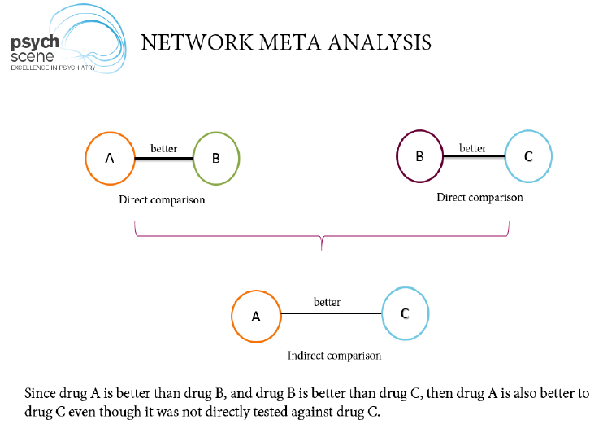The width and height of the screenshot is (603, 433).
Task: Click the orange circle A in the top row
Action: pyautogui.click(x=110, y=158)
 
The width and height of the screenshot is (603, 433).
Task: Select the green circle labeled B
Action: pyautogui.click(x=216, y=158)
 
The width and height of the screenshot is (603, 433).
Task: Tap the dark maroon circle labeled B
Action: pyautogui.click(x=419, y=155)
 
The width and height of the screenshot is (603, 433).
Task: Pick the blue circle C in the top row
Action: pyautogui.click(x=528, y=155)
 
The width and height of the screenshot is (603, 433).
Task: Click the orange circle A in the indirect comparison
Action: pyautogui.click(x=256, y=316)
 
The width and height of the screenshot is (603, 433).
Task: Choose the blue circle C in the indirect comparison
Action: pyautogui.click(x=404, y=313)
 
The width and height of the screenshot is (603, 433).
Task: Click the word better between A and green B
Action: pyautogui.click(x=164, y=149)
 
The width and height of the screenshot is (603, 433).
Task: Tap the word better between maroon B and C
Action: pyautogui.click(x=473, y=148)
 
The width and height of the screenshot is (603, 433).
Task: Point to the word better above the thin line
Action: pyautogui.click(x=327, y=303)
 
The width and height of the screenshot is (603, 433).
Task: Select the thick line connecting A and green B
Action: pyautogui.click(x=163, y=158)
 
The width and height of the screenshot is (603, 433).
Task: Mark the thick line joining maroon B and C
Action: pyautogui.click(x=473, y=155)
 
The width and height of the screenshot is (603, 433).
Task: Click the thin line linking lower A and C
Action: pyautogui.click(x=330, y=314)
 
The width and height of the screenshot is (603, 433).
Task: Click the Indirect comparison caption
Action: pyautogui.click(x=334, y=356)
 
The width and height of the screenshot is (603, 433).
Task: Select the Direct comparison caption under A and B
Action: pyautogui.click(x=162, y=200)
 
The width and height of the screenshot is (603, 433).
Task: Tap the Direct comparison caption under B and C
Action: pyautogui.click(x=479, y=197)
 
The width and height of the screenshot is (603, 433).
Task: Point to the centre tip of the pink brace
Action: pyautogui.click(x=323, y=245)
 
